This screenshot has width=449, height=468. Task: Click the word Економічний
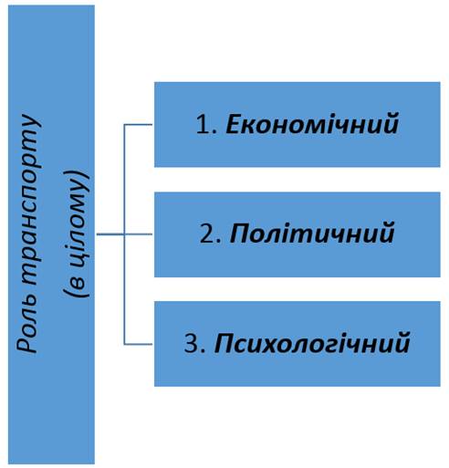point(312,124)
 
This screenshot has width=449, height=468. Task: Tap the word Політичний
point(312,234)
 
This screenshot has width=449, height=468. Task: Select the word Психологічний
point(312,344)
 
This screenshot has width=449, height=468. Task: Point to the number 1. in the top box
point(206,124)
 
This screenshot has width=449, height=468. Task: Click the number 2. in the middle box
point(210,234)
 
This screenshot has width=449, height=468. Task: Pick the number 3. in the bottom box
point(195,344)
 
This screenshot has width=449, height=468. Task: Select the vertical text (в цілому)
point(77,234)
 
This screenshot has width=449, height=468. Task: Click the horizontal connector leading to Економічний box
point(138,124)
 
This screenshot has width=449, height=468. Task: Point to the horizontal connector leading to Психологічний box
point(138,344)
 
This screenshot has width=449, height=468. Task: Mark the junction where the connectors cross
point(124,234)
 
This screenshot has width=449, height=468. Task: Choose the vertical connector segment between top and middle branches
point(124,179)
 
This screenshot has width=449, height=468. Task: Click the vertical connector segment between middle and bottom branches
point(124,289)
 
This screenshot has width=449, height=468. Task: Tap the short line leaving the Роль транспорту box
point(110,234)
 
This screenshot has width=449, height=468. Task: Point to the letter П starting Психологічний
point(225,344)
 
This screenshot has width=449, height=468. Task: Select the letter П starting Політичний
point(240,234)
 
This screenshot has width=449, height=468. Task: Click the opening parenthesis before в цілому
point(77,293)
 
